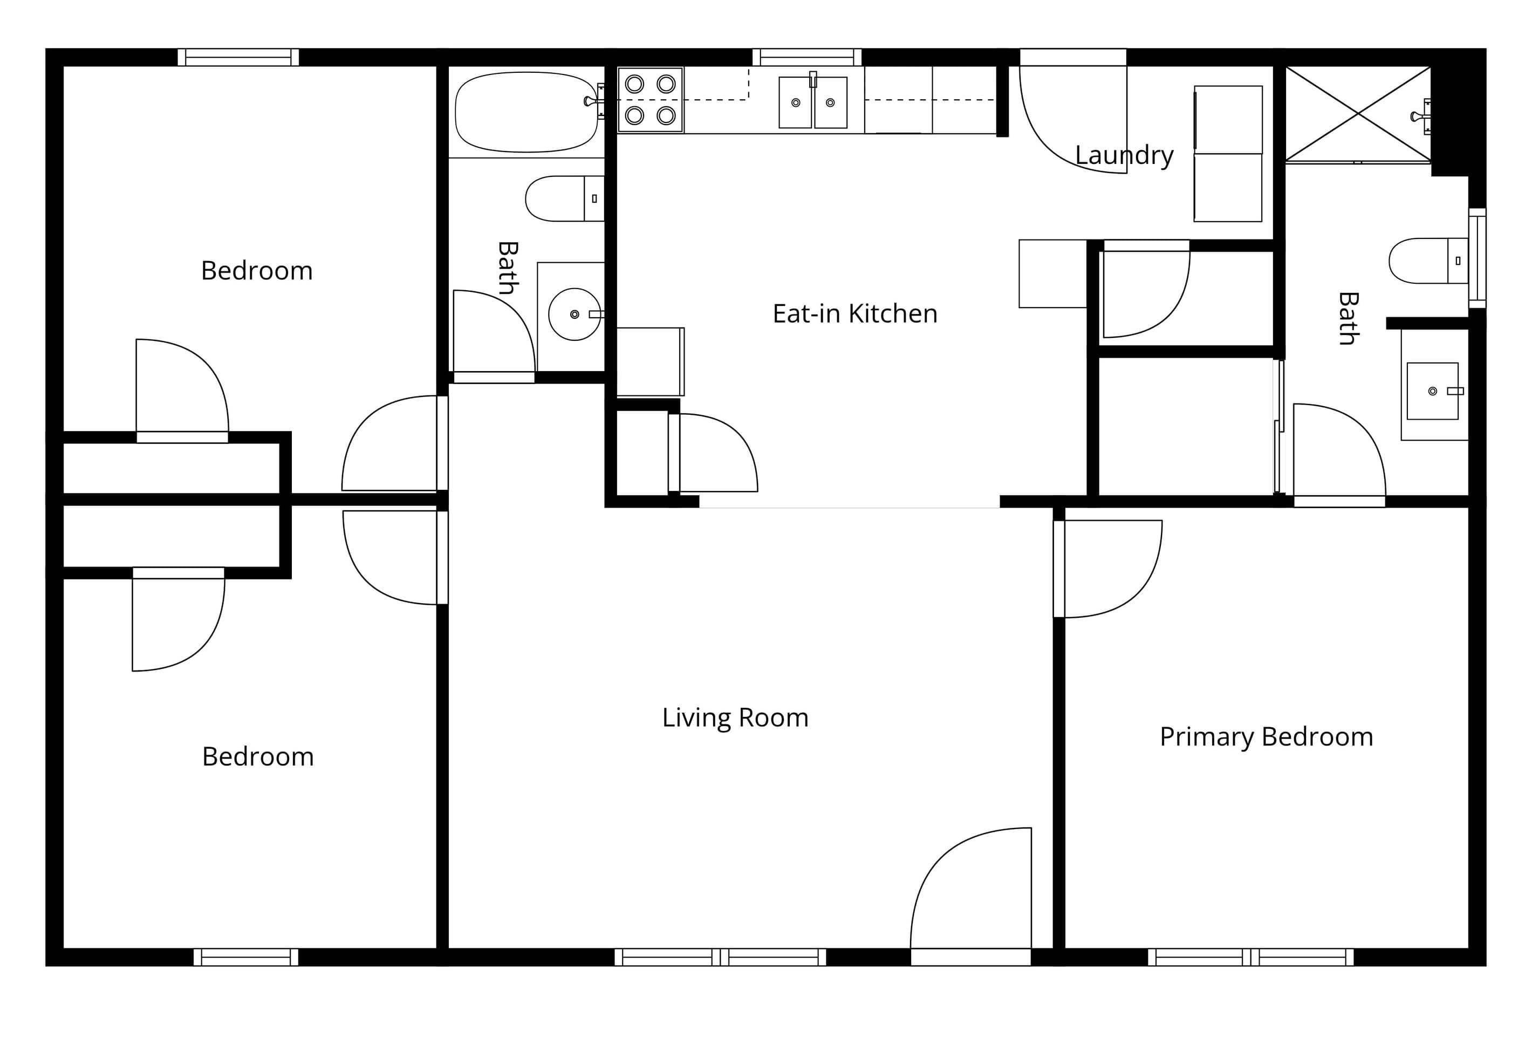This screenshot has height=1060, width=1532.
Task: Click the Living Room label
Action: (x=735, y=718)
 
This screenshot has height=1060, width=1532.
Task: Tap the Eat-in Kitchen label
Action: (x=854, y=313)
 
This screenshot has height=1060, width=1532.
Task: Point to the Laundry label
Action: (x=1124, y=155)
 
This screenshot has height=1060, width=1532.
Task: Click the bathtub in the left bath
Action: (x=526, y=112)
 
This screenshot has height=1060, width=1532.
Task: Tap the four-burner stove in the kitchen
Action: (x=650, y=100)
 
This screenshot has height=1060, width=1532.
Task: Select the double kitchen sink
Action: (x=813, y=101)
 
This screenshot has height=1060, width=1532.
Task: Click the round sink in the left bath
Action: (x=574, y=314)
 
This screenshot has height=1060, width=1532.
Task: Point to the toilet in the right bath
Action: (x=1428, y=261)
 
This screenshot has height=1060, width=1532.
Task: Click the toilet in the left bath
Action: (x=564, y=199)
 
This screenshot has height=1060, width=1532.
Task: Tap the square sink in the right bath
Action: (x=1432, y=391)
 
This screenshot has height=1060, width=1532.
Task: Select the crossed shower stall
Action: (x=1358, y=114)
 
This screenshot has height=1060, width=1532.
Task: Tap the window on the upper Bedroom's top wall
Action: (x=238, y=57)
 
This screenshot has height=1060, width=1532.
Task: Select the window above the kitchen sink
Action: (x=807, y=57)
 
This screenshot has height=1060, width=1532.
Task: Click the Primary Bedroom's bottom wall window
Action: (x=1250, y=957)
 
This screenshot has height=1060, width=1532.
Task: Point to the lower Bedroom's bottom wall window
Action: (x=245, y=957)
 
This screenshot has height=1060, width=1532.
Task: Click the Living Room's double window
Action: (x=721, y=957)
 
